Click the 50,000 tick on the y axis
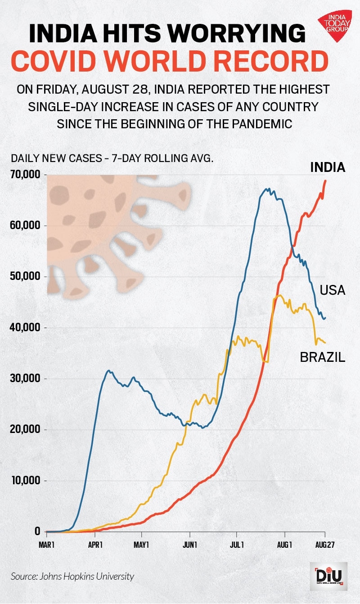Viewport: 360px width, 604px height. pyautogui.click(x=25, y=276)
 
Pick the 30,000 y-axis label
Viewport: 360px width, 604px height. pyautogui.click(x=25, y=379)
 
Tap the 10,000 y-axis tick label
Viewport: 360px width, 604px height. pyautogui.click(x=25, y=481)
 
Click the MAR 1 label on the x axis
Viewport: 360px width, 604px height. pyautogui.click(x=46, y=545)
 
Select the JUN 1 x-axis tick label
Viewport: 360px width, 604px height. pyautogui.click(x=190, y=545)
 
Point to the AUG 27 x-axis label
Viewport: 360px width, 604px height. pyautogui.click(x=324, y=545)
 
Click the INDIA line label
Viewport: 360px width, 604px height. pyautogui.click(x=328, y=168)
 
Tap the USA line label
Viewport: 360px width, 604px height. pyautogui.click(x=332, y=290)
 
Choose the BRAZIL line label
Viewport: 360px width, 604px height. pyautogui.click(x=323, y=357)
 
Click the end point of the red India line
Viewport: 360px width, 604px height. pyautogui.click(x=325, y=180)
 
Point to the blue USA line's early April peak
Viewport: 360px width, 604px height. pyautogui.click(x=108, y=370)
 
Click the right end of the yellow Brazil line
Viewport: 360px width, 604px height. pyautogui.click(x=325, y=343)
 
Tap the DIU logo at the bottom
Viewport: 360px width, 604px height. pyautogui.click(x=328, y=576)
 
